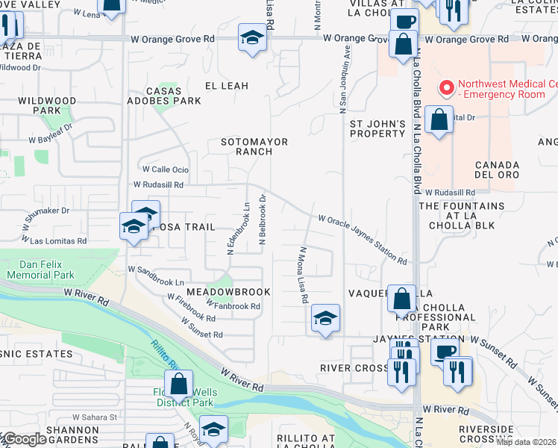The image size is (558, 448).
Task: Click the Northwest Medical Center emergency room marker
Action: [x=447, y=88]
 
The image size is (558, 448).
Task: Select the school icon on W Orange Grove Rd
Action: [x=253, y=37]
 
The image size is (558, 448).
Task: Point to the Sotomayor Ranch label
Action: [x=254, y=146]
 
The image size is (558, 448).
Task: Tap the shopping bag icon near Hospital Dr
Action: [x=439, y=120]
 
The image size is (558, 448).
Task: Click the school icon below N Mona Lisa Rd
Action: [x=325, y=318]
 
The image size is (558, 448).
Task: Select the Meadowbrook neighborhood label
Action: [x=228, y=291]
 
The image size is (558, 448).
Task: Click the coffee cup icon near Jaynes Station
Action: [x=445, y=352]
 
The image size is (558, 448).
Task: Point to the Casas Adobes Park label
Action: [x=164, y=95]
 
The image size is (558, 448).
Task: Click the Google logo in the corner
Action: [x=24, y=439]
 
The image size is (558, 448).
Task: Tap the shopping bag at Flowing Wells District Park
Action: [x=179, y=385]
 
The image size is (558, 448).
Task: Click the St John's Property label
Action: [x=377, y=128]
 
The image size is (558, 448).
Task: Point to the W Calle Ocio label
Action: [x=165, y=169]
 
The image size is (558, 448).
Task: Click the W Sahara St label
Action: [x=95, y=415]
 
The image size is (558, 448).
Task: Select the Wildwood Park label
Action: [x=48, y=105]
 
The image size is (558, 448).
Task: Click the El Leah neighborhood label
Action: [x=226, y=86]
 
